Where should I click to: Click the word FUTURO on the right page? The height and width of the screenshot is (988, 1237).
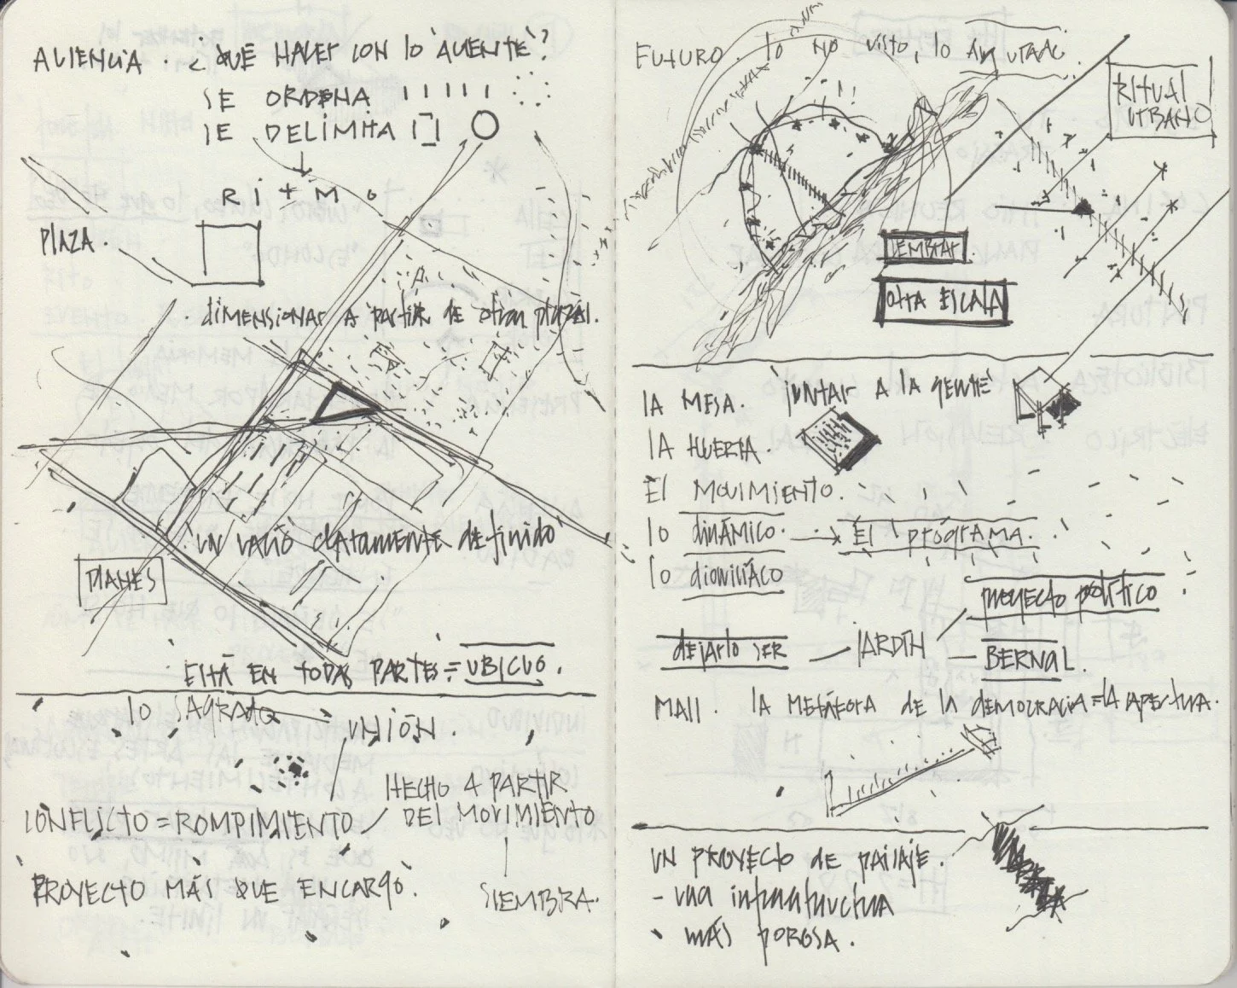coord(677,58)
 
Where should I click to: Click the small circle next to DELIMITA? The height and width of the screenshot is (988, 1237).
coord(485,126)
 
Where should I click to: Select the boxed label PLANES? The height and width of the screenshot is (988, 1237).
coord(120,581)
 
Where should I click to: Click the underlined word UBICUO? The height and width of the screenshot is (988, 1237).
coord(514,669)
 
